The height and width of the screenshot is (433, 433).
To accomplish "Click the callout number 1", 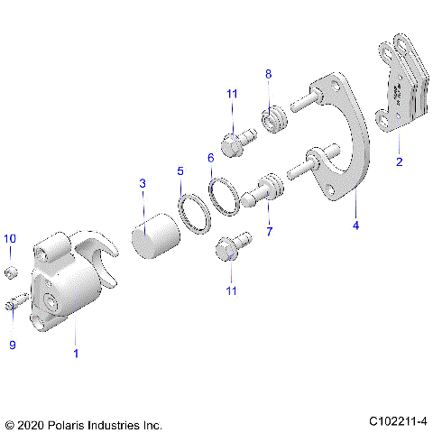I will pyautogui.click(x=76, y=353).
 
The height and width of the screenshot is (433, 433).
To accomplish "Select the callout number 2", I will pyautogui.click(x=398, y=163).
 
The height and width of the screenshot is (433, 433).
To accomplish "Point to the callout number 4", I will pyautogui.click(x=355, y=226).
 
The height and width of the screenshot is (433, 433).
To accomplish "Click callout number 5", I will pyautogui.click(x=180, y=170).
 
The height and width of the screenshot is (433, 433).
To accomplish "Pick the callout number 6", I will pyautogui.click(x=210, y=158).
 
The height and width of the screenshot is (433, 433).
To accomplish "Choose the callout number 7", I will pyautogui.click(x=267, y=232).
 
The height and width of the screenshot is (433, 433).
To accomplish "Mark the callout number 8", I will pyautogui.click(x=267, y=72).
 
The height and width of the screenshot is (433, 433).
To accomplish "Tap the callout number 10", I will pyautogui.click(x=10, y=238).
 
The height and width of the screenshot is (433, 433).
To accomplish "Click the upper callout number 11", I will pyautogui.click(x=232, y=94).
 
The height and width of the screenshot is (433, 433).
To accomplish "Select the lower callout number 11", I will pyautogui.click(x=232, y=290).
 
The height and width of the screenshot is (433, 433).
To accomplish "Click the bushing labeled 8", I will pyautogui.click(x=272, y=118).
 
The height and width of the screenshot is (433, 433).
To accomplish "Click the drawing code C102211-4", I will pyautogui.click(x=397, y=421).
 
